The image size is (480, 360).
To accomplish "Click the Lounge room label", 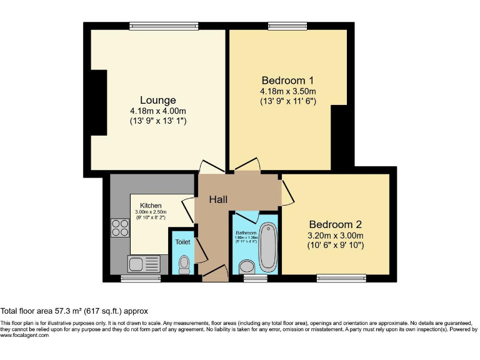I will tap(157, 100).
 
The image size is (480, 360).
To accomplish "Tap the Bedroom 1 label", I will tap(287, 81).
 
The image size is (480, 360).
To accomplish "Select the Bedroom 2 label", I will tap(335, 224).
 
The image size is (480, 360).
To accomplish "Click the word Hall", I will tap(218, 199).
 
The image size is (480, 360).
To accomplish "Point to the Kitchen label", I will tap(151, 206).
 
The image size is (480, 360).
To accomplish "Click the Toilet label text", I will tap(182, 242).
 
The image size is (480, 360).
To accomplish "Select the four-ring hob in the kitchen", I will tap(119, 229).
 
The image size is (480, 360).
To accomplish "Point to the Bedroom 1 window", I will tap(287, 26).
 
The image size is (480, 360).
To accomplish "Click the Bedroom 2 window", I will tap(341, 278).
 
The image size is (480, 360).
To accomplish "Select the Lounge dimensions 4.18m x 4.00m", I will tap(157, 111).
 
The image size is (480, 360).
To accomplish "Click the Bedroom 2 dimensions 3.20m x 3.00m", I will tap(335, 236).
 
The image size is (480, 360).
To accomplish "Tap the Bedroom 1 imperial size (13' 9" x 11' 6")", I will tap(287, 101).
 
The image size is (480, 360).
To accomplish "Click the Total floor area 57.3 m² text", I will tap(74, 311).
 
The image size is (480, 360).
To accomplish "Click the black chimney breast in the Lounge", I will tap(98, 102).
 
